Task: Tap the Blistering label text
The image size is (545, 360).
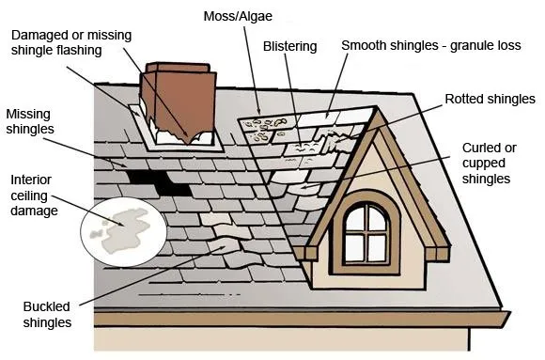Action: point(290,45)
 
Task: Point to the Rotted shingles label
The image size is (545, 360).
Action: point(490,99)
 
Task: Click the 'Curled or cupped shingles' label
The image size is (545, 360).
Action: point(489,163)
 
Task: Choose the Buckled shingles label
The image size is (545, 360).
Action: point(48,314)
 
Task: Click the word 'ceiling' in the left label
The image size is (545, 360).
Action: point(33,196)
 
